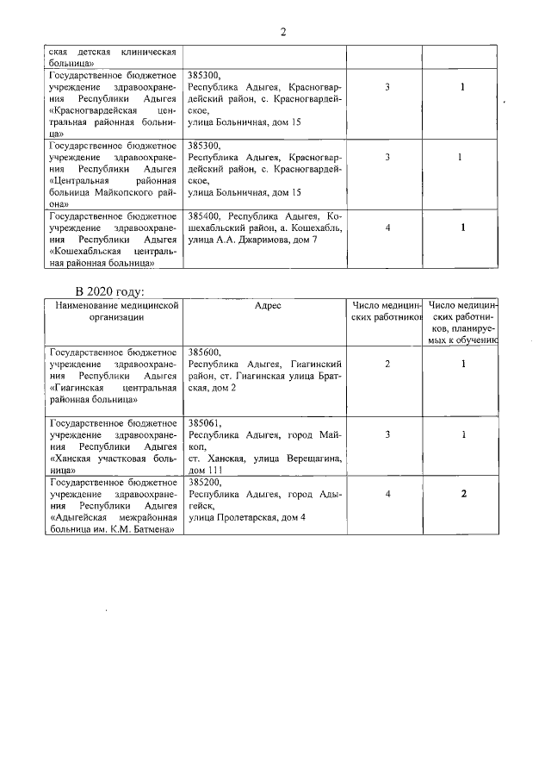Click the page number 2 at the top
[x=282, y=32]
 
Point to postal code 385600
[x=205, y=353]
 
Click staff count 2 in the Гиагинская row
[x=387, y=365]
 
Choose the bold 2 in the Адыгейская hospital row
[x=463, y=494]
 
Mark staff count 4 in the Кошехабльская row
[x=387, y=228]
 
